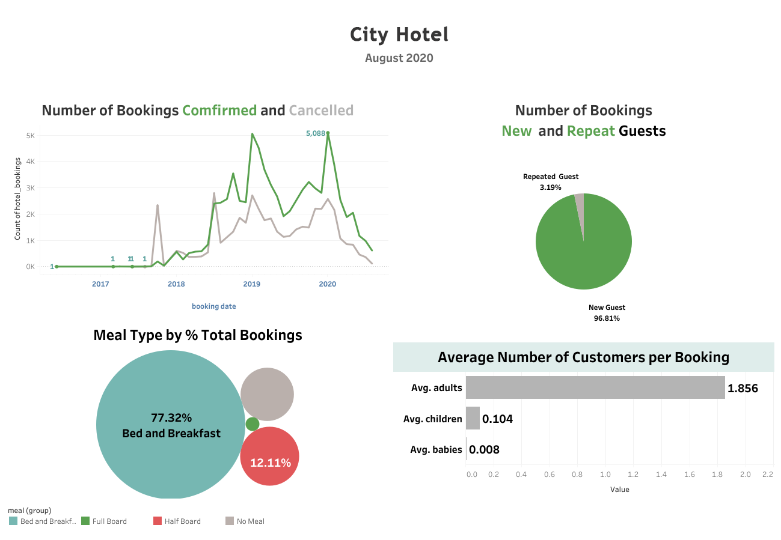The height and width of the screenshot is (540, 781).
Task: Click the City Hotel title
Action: (399, 34)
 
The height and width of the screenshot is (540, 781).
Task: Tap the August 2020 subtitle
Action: (399, 58)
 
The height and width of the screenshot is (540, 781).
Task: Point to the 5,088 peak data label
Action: (315, 133)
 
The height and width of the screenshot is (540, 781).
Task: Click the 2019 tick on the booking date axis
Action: (251, 284)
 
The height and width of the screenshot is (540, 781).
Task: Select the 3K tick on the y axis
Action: (29, 188)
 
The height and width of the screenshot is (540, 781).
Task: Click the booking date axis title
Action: (213, 306)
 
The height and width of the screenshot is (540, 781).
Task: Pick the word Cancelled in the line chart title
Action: (321, 111)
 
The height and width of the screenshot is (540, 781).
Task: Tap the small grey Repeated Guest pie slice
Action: (580, 204)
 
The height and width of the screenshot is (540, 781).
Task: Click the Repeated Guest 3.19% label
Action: (551, 182)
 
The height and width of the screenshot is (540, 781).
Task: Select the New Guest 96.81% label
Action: (607, 313)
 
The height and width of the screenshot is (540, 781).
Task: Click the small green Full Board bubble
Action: (253, 424)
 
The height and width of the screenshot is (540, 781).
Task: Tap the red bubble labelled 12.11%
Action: (270, 457)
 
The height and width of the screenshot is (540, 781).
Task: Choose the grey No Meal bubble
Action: (267, 394)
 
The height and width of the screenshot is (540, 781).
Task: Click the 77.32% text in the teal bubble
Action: (171, 417)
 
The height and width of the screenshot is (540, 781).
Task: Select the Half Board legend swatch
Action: (158, 521)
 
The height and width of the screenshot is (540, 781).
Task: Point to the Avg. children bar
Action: (473, 419)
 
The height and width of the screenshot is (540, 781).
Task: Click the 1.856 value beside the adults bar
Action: (743, 388)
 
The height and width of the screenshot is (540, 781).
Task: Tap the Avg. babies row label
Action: (436, 449)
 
